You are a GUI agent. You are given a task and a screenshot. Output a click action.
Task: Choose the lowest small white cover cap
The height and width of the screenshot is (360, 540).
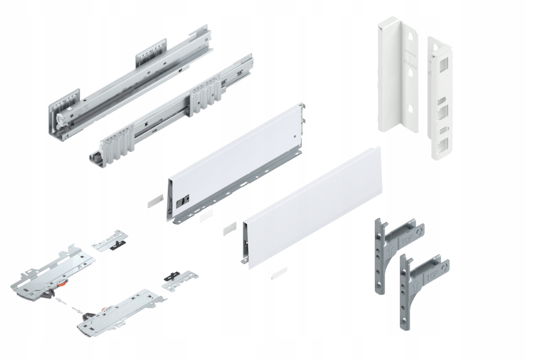[279, 273]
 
